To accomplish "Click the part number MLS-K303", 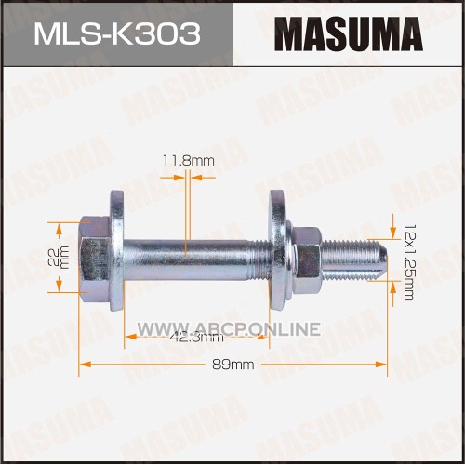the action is click(117, 33).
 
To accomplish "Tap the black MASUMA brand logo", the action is click(349, 34).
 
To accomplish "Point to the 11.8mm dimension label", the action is click(189, 161).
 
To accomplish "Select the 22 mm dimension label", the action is click(59, 258).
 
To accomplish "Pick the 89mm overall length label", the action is click(233, 365).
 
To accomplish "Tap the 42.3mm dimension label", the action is click(197, 337).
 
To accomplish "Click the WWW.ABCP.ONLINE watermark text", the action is click(229, 328).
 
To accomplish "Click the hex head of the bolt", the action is click(94, 258).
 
